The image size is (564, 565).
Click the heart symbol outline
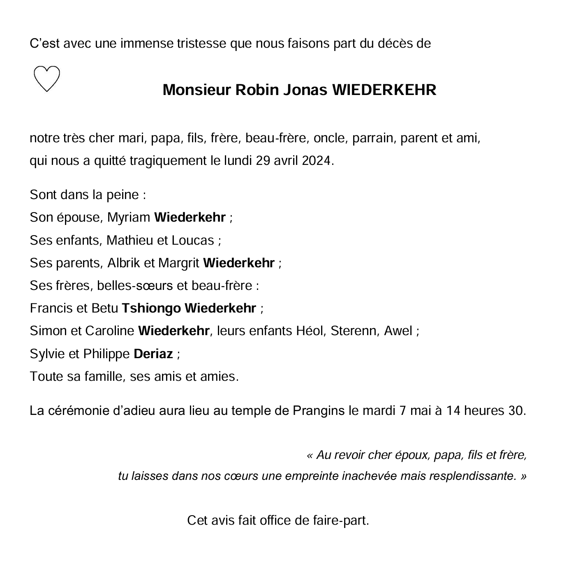pos(46,78)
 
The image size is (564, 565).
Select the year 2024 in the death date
pos(316,160)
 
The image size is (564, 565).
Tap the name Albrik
pos(124,263)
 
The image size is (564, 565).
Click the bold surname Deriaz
pos(153,354)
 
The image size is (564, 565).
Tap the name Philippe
pos(106,354)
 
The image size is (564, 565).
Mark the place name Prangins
pos(319,411)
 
